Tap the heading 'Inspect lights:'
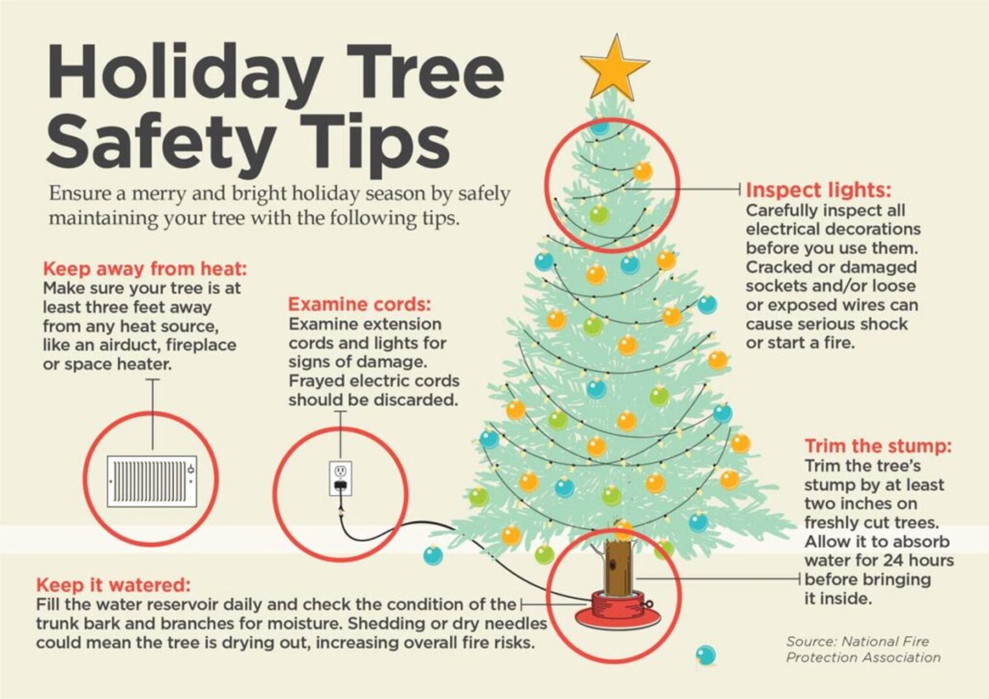click(818, 190)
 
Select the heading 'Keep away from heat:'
click(145, 269)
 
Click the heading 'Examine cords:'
click(359, 304)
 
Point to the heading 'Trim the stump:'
click(878, 446)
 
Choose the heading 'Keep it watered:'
click(113, 585)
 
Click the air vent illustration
click(151, 482)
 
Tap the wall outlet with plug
click(340, 478)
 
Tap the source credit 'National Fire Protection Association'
click(863, 649)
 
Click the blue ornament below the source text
click(706, 655)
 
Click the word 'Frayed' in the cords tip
click(319, 381)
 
